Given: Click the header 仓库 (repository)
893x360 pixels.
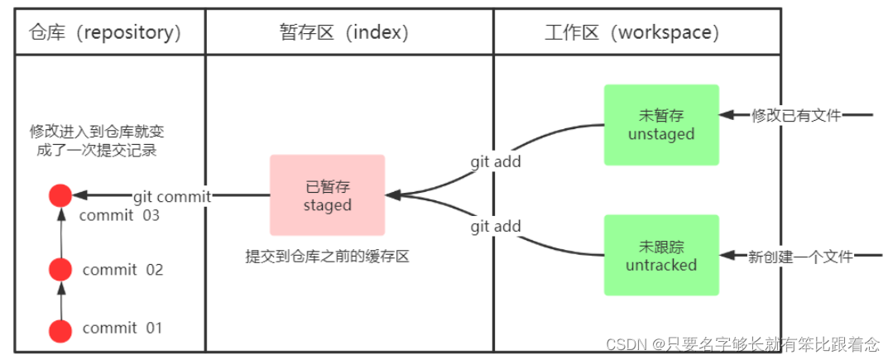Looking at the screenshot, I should tap(104, 32).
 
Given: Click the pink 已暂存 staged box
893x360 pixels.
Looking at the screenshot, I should tap(327, 194).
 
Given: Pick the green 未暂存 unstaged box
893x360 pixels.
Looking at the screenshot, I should tap(661, 124).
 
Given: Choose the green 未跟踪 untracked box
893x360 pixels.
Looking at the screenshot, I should tap(661, 255).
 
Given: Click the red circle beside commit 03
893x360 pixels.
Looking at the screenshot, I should tap(59, 196).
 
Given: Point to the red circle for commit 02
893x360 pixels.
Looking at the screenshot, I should tap(59, 269).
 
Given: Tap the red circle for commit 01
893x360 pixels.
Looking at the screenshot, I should tap(59, 330).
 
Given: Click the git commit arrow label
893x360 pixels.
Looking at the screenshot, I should tap(172, 196).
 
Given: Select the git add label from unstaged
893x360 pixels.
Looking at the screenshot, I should tap(496, 161).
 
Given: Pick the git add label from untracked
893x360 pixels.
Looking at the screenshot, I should tap(496, 226).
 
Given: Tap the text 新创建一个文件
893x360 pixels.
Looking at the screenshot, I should tap(799, 257).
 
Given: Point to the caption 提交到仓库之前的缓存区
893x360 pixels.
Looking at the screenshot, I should tap(327, 257).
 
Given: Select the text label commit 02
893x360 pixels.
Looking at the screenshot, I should tap(122, 270).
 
